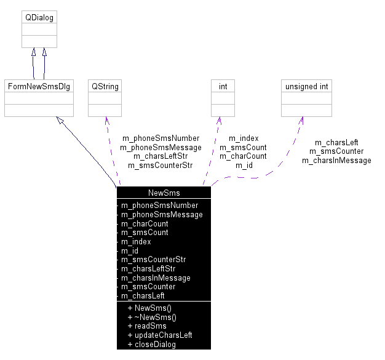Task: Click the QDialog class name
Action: pyautogui.click(x=39, y=18)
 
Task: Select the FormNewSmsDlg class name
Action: pyautogui.click(x=39, y=86)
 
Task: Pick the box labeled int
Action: pyautogui.click(x=223, y=86)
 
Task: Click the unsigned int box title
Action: pyautogui.click(x=306, y=86)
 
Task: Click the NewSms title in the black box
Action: pyautogui.click(x=164, y=193)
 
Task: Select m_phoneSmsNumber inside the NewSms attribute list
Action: pyautogui.click(x=159, y=205)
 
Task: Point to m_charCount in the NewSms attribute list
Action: pyautogui.click(x=145, y=223)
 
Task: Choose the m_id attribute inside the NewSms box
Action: pyautogui.click(x=130, y=250)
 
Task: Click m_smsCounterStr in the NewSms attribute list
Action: pyautogui.click(x=153, y=260)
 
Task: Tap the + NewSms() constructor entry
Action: pyautogui.click(x=149, y=308)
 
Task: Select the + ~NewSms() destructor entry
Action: pyautogui.click(x=151, y=317)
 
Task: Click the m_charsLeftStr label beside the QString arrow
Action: pyautogui.click(x=161, y=156)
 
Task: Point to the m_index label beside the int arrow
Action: pyautogui.click(x=244, y=138)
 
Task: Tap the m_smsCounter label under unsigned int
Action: pyautogui.click(x=336, y=151)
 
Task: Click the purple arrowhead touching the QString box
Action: pyautogui.click(x=106, y=121)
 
